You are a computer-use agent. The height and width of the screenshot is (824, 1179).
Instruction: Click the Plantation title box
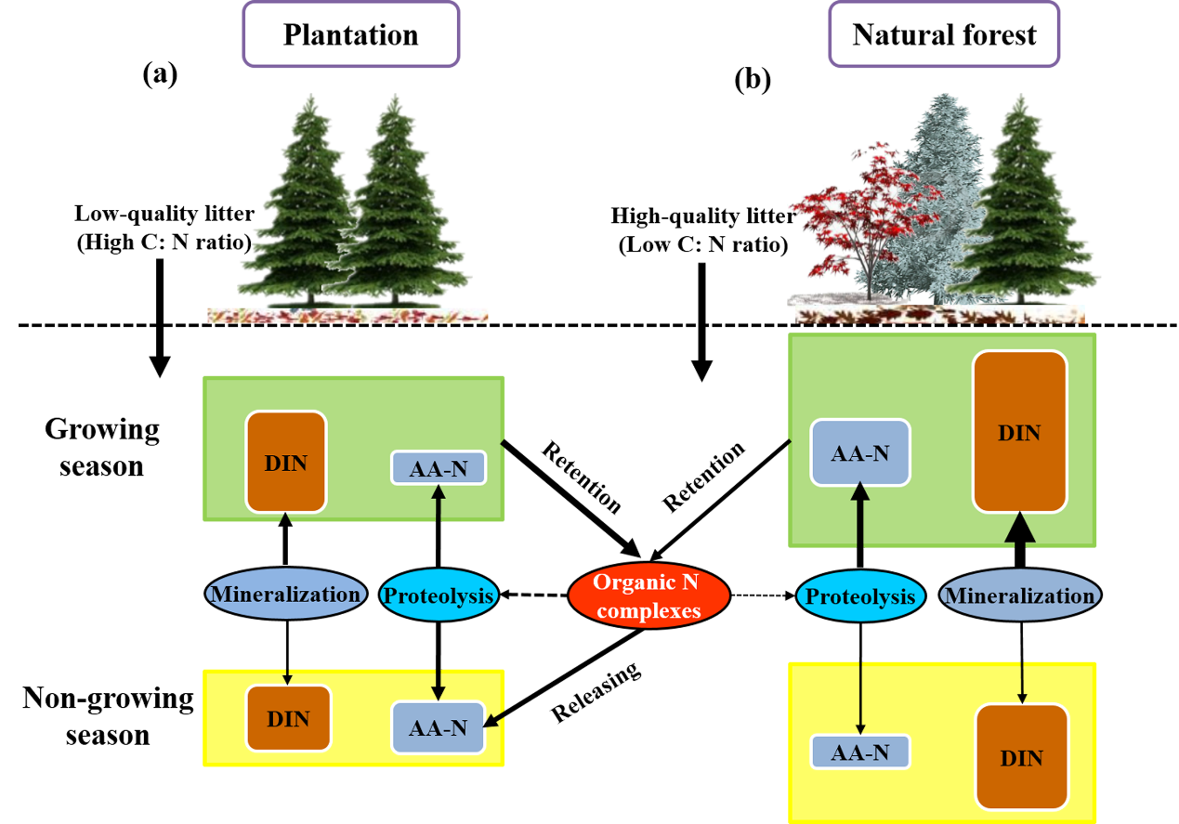(x=350, y=34)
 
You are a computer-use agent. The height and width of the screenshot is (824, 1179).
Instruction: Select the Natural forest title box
(x=944, y=34)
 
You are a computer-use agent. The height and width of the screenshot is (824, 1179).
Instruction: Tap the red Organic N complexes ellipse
(x=648, y=595)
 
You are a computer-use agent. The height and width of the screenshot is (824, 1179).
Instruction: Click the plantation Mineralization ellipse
(x=282, y=595)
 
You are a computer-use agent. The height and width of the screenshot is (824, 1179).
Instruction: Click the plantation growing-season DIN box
(x=285, y=462)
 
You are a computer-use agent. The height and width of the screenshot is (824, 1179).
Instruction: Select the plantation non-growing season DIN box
(x=287, y=717)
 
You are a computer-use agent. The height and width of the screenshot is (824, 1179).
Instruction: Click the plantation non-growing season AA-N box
(x=439, y=726)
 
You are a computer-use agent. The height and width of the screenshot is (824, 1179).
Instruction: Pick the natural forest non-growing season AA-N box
(x=859, y=752)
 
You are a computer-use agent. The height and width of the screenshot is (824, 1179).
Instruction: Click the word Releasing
(x=598, y=692)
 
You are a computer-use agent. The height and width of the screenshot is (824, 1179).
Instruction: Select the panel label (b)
(x=753, y=81)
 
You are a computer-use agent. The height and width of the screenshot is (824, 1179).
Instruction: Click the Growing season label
(x=102, y=447)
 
